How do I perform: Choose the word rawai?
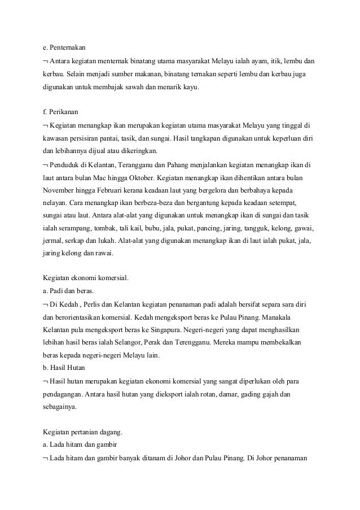104,254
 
